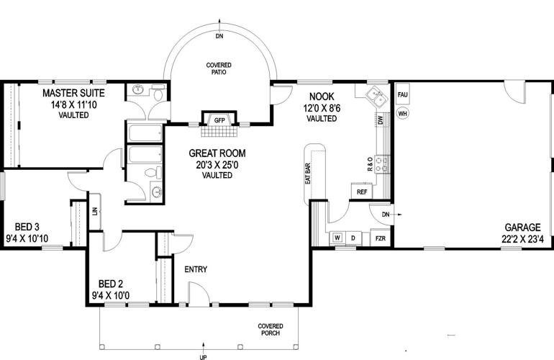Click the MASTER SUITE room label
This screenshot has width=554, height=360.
click(73, 94)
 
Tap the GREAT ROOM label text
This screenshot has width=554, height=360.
click(217, 153)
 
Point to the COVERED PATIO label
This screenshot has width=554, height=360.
click(219, 68)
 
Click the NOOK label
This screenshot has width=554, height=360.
click(321, 96)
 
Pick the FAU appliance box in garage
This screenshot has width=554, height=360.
click(403, 95)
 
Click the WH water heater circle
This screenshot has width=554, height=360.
click(403, 113)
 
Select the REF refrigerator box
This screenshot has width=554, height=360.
click(362, 192)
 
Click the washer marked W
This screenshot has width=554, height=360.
click(337, 238)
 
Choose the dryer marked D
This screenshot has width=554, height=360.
click(353, 238)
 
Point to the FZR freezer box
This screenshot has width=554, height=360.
click(379, 238)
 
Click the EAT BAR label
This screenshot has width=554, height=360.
click(308, 174)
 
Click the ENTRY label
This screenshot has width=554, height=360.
click(196, 269)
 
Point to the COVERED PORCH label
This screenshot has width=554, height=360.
click(270, 330)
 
